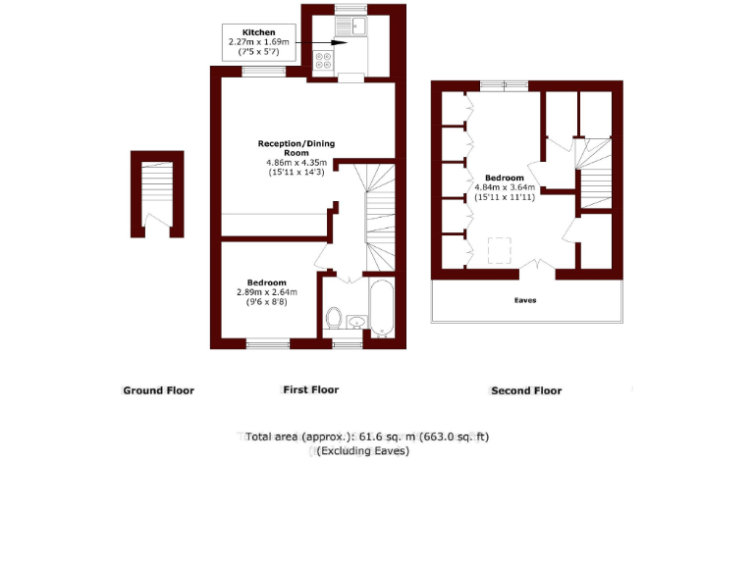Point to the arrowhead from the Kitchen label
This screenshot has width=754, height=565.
coord(345,42)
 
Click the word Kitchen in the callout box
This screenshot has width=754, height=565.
coord(245,32)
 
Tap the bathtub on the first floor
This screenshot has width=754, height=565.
coord(380,308)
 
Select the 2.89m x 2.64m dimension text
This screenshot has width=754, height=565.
coord(266,292)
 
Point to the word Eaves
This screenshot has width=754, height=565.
coord(526,300)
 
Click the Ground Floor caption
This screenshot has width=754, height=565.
coord(158,390)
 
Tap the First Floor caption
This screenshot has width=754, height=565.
coord(310,389)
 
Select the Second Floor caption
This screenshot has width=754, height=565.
coord(526,390)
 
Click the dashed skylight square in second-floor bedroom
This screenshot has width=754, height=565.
coord(503,251)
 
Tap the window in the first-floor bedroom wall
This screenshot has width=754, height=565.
coord(267,343)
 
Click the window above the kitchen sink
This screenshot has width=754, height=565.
coord(350,10)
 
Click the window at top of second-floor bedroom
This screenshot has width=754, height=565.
coord(504,86)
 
